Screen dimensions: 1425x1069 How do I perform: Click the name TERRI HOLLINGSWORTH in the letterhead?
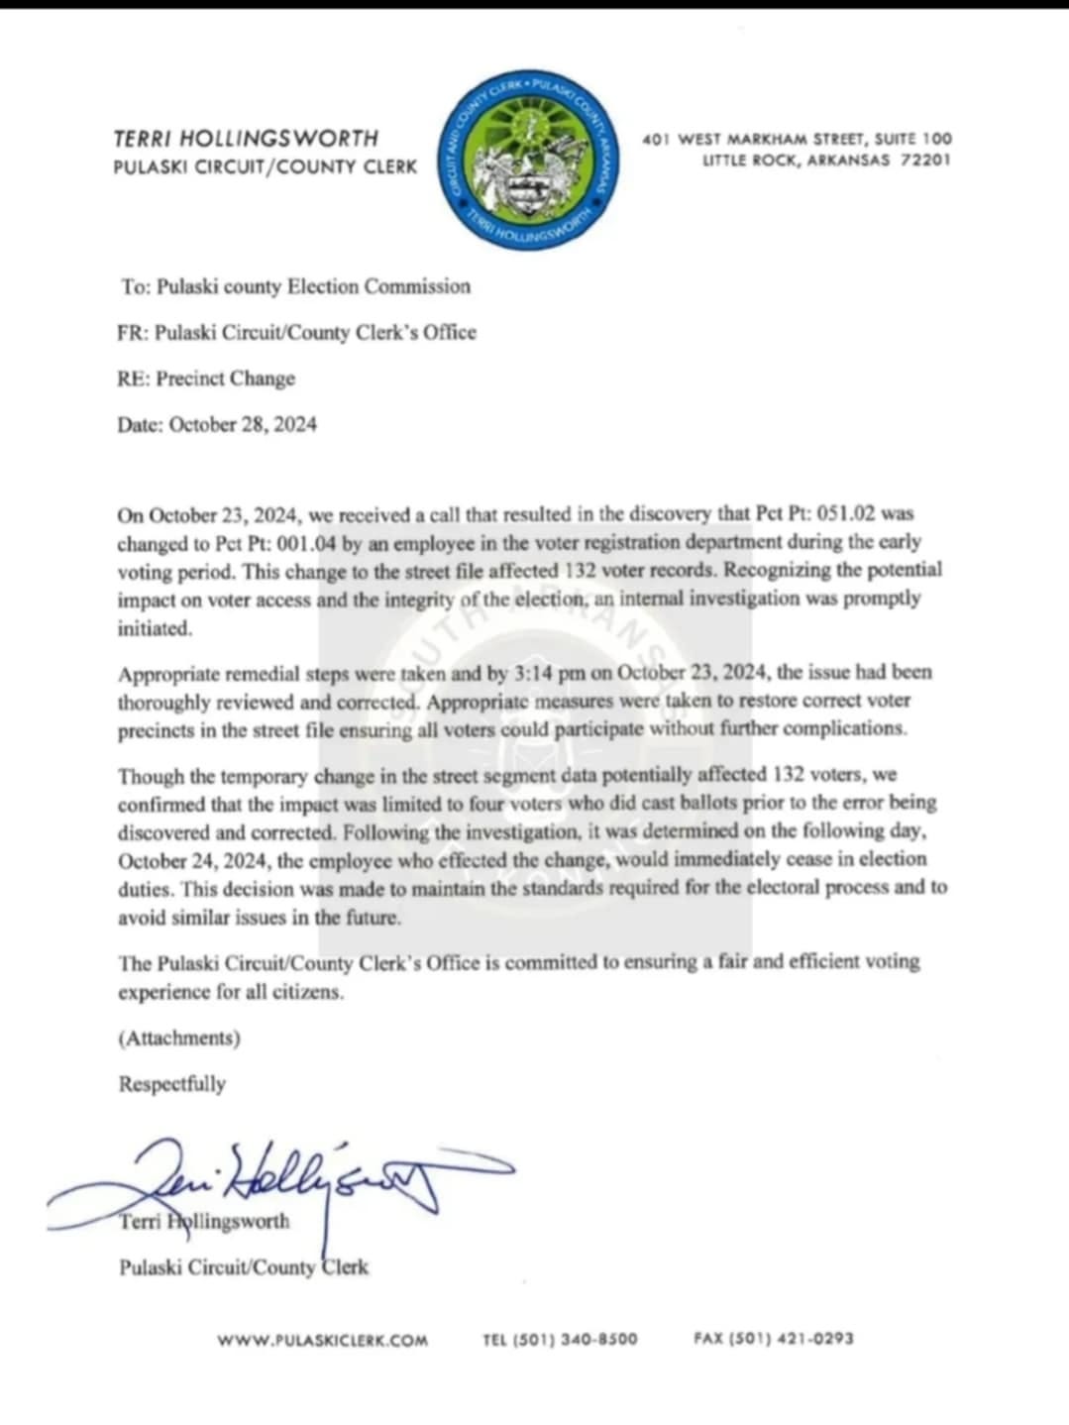click(x=246, y=139)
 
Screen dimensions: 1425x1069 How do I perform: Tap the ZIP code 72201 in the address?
click(x=925, y=160)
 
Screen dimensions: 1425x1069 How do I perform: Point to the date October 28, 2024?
click(x=243, y=424)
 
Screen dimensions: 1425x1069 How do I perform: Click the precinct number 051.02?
click(x=845, y=514)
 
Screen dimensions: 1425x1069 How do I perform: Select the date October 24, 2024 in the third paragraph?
click(x=194, y=860)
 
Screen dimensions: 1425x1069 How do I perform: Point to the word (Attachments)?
click(x=179, y=1038)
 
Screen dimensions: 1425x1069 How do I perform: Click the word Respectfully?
click(x=172, y=1084)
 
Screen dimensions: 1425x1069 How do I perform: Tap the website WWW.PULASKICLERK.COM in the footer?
click(x=323, y=1340)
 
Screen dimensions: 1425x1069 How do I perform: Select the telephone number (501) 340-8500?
click(x=574, y=1339)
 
